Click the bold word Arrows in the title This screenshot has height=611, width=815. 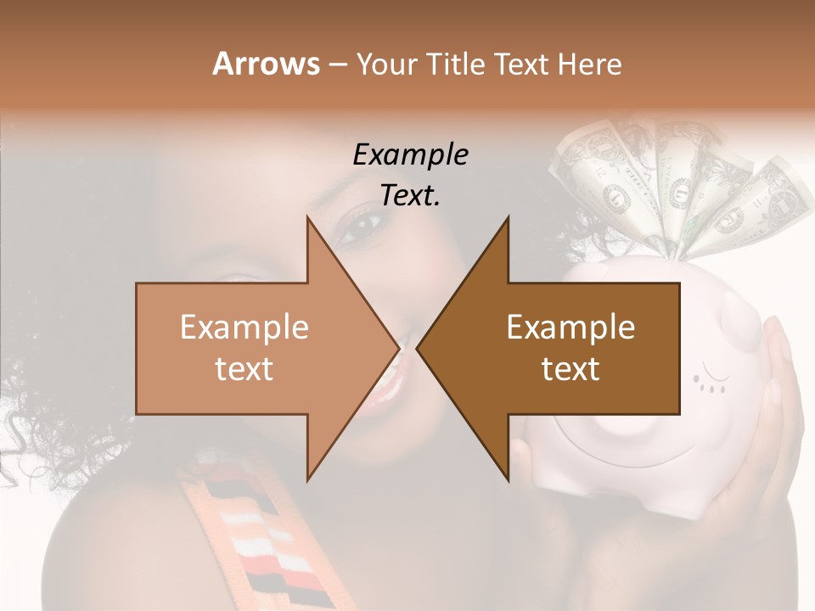pos(266,64)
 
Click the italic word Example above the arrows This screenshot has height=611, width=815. pos(410,155)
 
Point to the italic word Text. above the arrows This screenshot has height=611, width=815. pos(410,196)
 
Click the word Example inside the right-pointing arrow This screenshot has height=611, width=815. pos(244,328)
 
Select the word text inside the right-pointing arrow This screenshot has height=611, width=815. pos(244,369)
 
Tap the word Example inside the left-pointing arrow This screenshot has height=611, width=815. pos(570,328)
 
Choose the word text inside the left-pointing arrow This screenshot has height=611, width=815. pos(570,369)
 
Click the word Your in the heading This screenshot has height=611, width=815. pos(382,64)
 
